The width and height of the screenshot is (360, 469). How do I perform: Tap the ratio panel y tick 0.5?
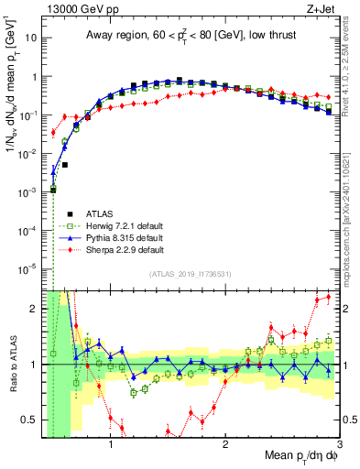[28, 420]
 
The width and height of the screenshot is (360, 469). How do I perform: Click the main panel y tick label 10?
[27, 39]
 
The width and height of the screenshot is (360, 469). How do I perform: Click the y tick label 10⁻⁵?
[27, 268]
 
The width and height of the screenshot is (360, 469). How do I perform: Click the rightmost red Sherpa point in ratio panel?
[329, 298]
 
